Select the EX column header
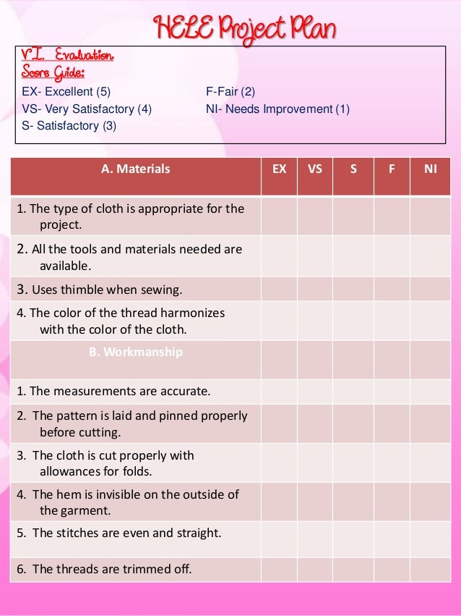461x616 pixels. pyautogui.click(x=279, y=169)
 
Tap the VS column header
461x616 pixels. pyautogui.click(x=315, y=169)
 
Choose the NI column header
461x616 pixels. pyautogui.click(x=431, y=169)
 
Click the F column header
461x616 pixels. pyautogui.click(x=392, y=169)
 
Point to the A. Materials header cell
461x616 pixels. pyautogui.click(x=136, y=169)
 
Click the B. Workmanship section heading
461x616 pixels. pyautogui.click(x=136, y=353)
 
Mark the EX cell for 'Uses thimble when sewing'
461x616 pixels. pyautogui.click(x=279, y=290)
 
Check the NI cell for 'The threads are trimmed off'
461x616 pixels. pyautogui.click(x=431, y=569)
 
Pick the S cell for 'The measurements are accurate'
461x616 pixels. pyautogui.click(x=353, y=392)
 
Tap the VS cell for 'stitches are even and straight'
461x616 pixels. pyautogui.click(x=315, y=533)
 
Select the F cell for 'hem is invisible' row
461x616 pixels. pyautogui.click(x=392, y=502)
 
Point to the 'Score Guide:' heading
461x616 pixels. pyautogui.click(x=53, y=72)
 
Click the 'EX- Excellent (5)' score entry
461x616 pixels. pyautogui.click(x=66, y=92)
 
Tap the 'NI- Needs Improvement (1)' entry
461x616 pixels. pyautogui.click(x=277, y=109)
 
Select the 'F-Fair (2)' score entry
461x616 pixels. pyautogui.click(x=231, y=92)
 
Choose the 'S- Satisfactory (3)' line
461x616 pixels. pyautogui.click(x=69, y=125)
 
